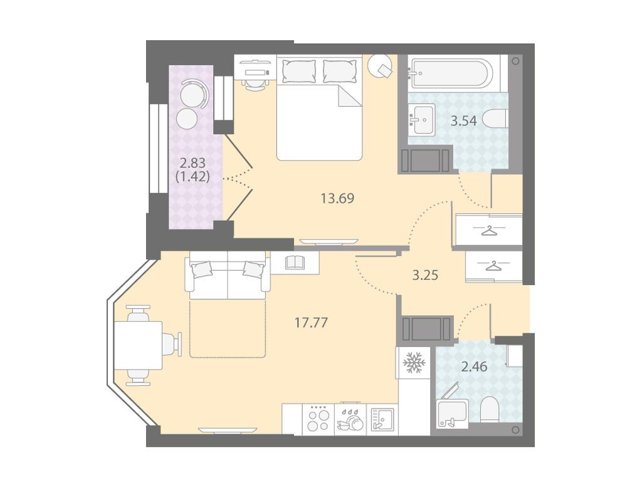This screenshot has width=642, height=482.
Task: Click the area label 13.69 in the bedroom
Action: coord(337,198)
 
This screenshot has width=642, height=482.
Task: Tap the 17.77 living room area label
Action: coord(312,323)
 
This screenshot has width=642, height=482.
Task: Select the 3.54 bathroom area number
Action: coord(463,121)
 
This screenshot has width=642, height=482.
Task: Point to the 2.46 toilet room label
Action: coord(474,367)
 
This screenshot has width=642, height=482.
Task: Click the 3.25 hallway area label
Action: coord(425,275)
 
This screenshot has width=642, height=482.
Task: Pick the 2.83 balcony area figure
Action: coord(192,163)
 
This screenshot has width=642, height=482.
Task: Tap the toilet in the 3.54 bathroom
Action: coord(495,120)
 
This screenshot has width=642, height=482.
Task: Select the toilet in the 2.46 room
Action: coord(489,409)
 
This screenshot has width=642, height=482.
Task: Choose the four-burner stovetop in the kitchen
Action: coord(318,419)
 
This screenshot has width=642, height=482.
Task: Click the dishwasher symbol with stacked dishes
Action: coord(350,419)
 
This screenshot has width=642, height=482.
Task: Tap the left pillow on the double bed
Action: coord(299,71)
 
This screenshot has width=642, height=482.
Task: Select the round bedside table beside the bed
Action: coord(381,65)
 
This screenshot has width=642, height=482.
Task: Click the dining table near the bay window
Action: coord(139,345)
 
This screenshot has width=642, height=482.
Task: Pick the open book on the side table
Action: coord(295,262)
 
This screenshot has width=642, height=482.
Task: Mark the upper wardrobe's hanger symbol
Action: coord(489,231)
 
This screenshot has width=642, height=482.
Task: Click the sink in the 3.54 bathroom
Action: coord(422,119)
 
